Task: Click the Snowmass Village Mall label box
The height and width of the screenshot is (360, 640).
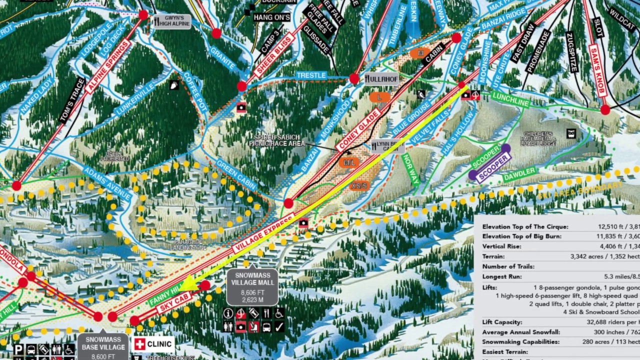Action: click(252, 287)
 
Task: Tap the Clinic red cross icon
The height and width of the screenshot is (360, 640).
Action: click(140, 344)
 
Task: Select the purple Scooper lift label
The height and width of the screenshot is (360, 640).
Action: click(493, 167)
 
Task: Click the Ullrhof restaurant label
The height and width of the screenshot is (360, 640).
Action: click(381, 79)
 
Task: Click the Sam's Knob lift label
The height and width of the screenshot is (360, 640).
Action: click(597, 70)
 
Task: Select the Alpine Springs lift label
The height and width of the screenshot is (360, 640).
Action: click(108, 66)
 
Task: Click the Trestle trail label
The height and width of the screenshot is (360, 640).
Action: click(311, 75)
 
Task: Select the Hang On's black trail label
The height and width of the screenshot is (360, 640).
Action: click(271, 17)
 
